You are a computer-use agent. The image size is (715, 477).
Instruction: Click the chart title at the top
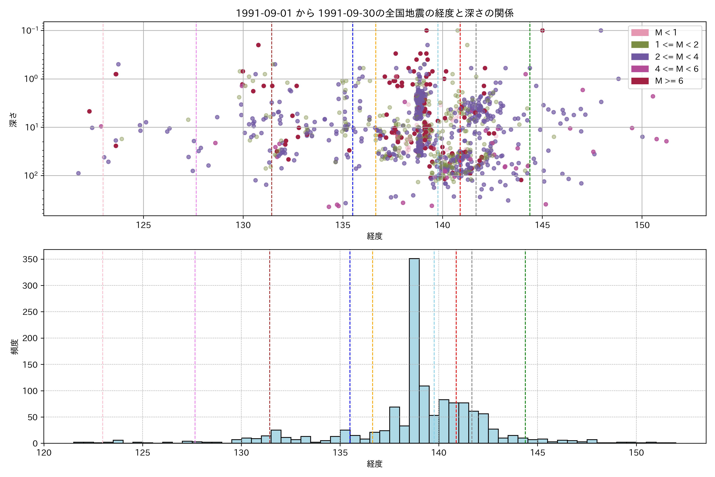(375, 13)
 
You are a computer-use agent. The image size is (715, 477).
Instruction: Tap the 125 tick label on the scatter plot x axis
(143, 225)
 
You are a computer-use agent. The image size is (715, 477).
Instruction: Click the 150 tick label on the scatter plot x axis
(642, 225)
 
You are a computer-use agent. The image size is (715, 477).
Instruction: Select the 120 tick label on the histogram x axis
(44, 453)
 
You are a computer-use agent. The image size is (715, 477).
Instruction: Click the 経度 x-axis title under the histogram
(375, 464)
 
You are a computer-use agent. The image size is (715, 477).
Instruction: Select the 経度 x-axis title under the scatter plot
(375, 236)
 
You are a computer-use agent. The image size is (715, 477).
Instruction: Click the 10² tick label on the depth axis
(31, 175)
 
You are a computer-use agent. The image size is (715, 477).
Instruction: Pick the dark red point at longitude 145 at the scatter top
(542, 30)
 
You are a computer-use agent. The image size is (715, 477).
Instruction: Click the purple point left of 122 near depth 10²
(78, 173)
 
